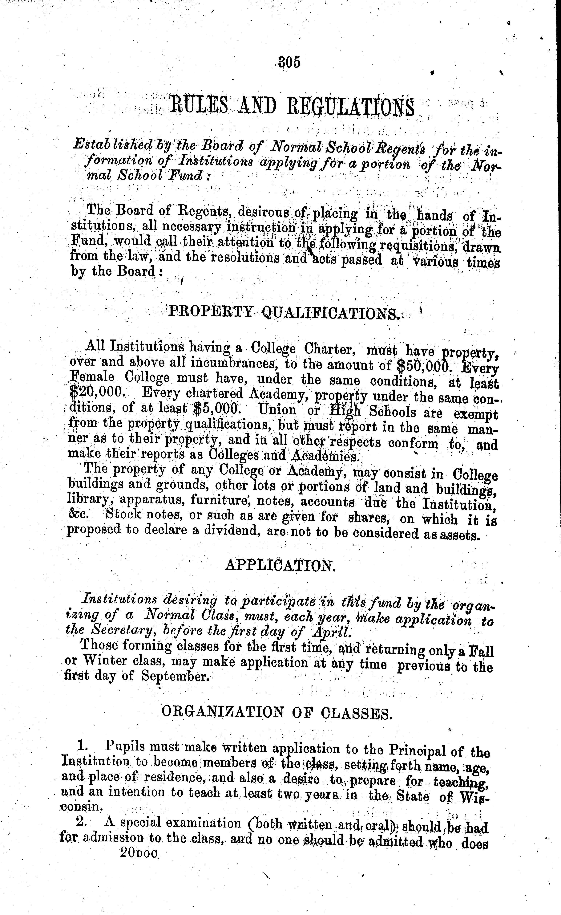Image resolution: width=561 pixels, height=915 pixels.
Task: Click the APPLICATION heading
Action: point(280,565)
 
